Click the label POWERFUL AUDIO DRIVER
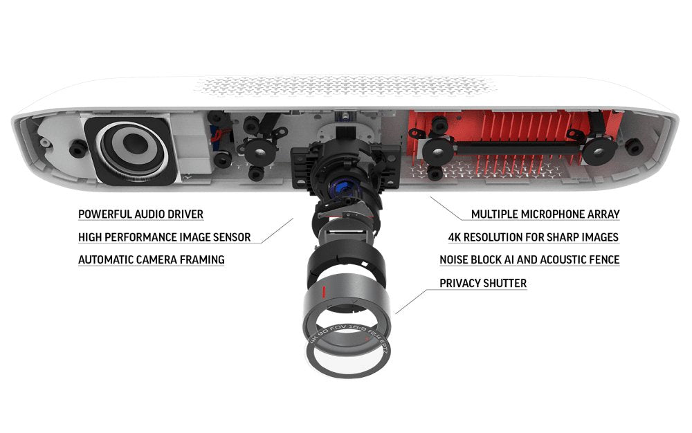tap(140, 214)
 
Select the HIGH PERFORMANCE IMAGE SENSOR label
tap(164, 237)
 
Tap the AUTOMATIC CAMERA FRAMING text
tap(152, 259)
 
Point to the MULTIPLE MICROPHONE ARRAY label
tap(545, 214)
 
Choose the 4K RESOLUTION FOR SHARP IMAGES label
tap(534, 237)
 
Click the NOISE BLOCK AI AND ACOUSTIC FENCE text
tap(529, 259)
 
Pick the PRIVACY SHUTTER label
tap(483, 283)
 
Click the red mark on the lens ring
tap(323, 292)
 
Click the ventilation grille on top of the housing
tap(344, 86)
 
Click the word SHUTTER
tap(505, 283)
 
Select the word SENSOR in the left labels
tap(232, 237)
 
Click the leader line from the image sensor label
tap(276, 231)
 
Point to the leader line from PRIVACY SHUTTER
tap(411, 302)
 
